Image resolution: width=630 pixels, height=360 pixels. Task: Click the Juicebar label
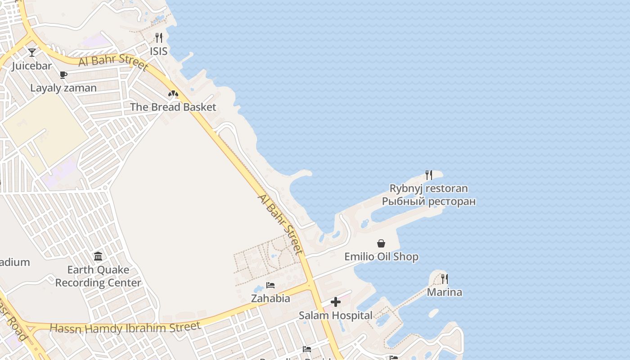tap(31, 66)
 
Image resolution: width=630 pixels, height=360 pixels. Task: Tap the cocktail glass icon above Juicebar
tap(32, 53)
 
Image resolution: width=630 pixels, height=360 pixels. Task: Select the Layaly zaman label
tap(63, 88)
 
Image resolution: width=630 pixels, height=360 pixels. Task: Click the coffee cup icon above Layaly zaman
tap(63, 75)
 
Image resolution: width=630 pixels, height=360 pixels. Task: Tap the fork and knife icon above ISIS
tap(158, 38)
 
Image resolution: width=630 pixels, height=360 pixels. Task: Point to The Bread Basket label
tap(173, 107)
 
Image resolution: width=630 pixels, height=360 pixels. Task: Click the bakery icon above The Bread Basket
tap(173, 94)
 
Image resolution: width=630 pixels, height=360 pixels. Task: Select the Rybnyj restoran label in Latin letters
tap(428, 188)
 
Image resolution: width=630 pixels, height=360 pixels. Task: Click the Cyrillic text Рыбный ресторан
tap(428, 201)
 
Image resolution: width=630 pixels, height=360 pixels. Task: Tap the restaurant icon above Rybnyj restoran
tap(429, 175)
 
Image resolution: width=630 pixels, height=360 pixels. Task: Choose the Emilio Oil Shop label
tap(381, 256)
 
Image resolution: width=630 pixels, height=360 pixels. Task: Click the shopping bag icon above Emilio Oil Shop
tap(381, 243)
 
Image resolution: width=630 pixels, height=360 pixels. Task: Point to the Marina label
tap(444, 292)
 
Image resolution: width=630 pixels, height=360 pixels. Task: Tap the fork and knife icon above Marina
tap(445, 279)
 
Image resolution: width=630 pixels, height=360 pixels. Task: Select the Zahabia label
tap(270, 298)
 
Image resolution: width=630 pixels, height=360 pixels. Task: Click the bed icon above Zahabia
tap(270, 285)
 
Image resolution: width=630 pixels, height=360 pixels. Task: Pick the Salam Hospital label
tap(336, 315)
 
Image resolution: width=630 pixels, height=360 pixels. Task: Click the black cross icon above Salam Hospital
tap(336, 302)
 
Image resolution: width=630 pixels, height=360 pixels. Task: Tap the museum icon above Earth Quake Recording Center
tap(98, 256)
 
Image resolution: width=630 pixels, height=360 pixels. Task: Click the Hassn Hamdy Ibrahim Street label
tap(125, 328)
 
